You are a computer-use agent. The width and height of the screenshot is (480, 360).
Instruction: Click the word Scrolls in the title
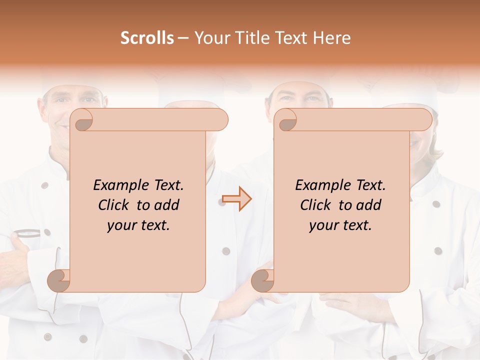pyautogui.click(x=147, y=38)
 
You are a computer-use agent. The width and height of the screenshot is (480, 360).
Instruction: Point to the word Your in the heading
pyautogui.click(x=210, y=38)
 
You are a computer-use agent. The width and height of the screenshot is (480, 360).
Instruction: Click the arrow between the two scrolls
pyautogui.click(x=237, y=199)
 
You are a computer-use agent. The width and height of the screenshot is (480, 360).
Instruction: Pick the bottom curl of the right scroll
pyautogui.click(x=263, y=280)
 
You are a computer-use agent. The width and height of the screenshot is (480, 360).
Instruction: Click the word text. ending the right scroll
pyautogui.click(x=356, y=225)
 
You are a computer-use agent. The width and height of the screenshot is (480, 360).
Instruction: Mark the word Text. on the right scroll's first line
pyautogui.click(x=367, y=185)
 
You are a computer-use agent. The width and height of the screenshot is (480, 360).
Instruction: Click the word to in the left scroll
pyautogui.click(x=143, y=205)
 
